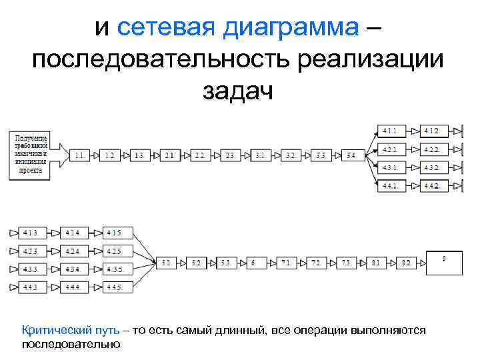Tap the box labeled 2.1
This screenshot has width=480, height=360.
(169, 155)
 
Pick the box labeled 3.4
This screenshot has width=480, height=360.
(351, 155)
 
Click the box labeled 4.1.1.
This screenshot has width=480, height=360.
(391, 130)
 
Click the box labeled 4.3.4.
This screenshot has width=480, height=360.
(75, 269)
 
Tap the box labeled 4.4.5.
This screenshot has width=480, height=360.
(117, 288)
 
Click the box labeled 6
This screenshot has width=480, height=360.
(254, 263)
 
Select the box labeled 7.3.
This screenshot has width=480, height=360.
(346, 263)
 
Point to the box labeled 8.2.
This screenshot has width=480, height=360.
(407, 263)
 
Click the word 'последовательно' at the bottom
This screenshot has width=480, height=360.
(71, 345)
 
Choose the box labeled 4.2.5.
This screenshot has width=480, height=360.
(117, 251)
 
